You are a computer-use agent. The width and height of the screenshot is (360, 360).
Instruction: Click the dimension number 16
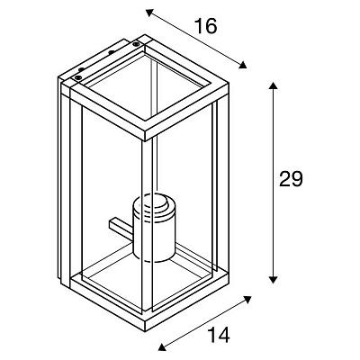tap(206, 25)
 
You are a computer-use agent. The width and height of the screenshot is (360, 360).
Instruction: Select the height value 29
tap(291, 179)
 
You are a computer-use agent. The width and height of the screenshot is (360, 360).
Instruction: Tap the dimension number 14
tap(219, 335)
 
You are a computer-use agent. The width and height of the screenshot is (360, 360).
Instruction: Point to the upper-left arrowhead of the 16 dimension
tap(149, 13)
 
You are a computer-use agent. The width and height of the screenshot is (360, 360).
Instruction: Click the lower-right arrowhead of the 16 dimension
tap(243, 65)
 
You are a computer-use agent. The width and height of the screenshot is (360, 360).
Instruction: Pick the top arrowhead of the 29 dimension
tap(273, 85)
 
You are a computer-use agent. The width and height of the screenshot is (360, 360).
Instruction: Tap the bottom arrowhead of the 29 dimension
tap(273, 280)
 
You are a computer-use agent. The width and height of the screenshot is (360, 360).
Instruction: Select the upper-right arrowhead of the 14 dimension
tap(247, 300)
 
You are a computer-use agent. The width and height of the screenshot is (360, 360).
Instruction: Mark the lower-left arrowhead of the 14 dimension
tap(162, 347)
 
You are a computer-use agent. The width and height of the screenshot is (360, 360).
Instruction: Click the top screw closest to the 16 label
tap(136, 44)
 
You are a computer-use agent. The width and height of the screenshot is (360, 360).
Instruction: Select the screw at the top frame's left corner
tap(78, 78)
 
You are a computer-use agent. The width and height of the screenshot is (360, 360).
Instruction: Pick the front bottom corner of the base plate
tap(145, 329)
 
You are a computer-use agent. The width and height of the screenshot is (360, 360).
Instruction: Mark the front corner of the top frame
tap(145, 140)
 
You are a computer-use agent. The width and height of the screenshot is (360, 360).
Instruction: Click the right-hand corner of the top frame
tap(229, 84)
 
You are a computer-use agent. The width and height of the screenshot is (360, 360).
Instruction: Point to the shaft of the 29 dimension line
tap(273, 183)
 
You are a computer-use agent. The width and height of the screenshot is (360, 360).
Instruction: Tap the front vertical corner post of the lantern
tap(148, 226)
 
